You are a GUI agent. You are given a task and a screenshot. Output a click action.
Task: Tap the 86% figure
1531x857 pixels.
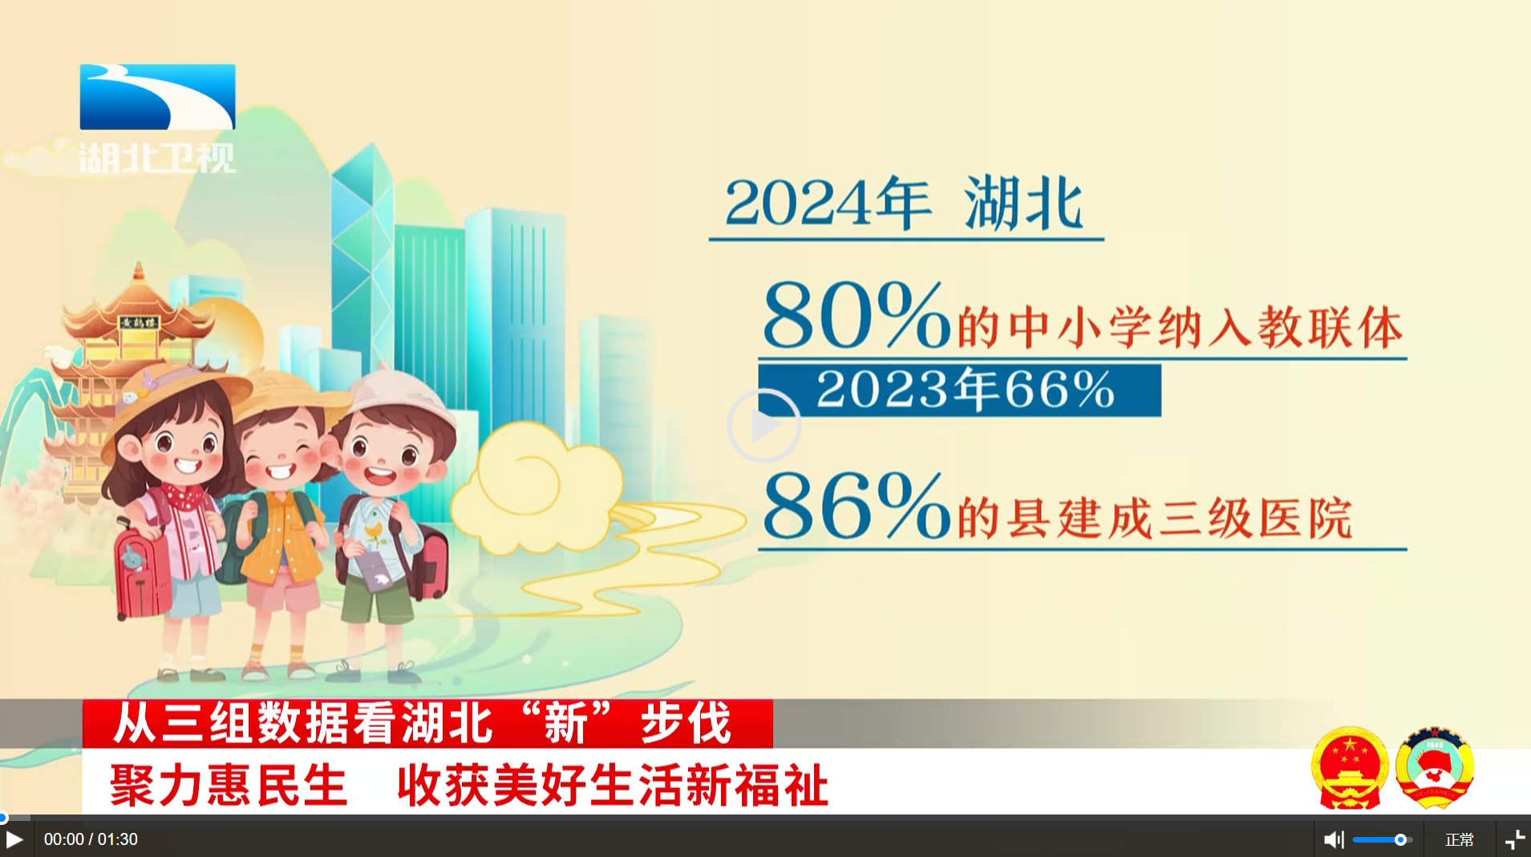(857, 506)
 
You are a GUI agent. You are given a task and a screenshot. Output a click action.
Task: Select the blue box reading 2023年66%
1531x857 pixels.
(959, 390)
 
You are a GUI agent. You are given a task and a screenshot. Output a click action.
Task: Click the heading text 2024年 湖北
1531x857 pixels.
(905, 204)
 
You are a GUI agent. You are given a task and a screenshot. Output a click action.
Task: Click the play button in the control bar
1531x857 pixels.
(14, 839)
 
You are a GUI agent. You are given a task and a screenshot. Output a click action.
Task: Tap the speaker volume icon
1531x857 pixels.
(1333, 839)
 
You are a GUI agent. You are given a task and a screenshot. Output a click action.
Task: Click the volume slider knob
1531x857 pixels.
(1400, 839)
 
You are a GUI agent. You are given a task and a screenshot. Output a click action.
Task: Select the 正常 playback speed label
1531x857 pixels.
(1460, 839)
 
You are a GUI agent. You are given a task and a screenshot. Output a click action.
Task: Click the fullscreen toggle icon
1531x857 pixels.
(1515, 839)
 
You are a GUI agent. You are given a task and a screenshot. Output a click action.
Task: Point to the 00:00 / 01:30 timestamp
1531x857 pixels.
(91, 839)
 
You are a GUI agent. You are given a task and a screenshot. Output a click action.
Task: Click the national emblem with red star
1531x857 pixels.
(1351, 767)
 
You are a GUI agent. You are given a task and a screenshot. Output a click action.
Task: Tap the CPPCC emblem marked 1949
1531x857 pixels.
(1435, 767)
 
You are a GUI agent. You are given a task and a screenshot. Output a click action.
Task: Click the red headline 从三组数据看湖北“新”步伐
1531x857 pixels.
(423, 723)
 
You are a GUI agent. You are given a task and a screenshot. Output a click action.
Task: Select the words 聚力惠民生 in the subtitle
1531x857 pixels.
(229, 785)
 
